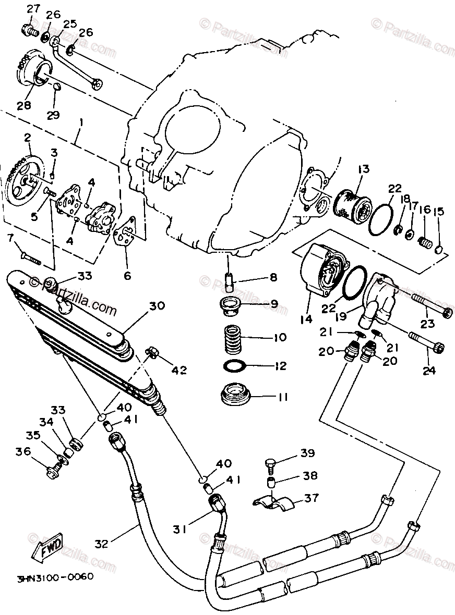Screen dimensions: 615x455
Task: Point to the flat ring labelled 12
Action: (x=236, y=366)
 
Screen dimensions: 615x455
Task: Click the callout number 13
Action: (x=363, y=169)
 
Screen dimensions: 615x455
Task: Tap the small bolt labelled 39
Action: (x=270, y=463)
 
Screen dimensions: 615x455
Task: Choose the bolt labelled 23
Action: (x=430, y=311)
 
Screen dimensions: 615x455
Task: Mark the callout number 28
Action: (x=23, y=105)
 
